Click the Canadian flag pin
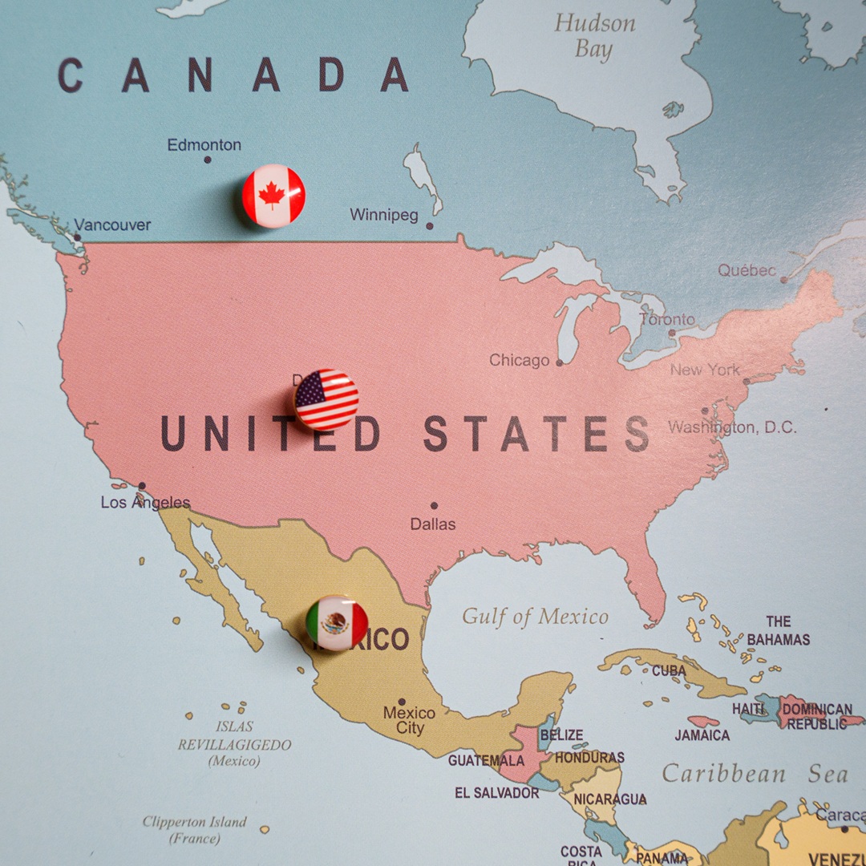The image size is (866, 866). pos(274,196)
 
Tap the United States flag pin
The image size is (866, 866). pos(326,399)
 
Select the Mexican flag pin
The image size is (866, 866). pos(337,622)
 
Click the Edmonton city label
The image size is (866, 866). pos(204,145)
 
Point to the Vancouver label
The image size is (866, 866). pos(112,225)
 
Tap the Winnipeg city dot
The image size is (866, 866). pos(429,226)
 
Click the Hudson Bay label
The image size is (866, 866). pos(593,35)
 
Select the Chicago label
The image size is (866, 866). pos(520,361)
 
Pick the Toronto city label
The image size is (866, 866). pos(667,319)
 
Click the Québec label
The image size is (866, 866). pos(747,270)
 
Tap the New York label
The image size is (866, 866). pos(705,370)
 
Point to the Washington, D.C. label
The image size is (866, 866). pos(732,427)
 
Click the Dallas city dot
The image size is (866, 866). pos(434,506)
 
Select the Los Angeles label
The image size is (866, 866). pos(145,503)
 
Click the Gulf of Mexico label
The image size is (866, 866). pos(535,617)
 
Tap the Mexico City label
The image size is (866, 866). pos(409,720)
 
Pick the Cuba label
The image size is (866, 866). pos(668,670)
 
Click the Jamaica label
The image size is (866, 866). pos(702,735)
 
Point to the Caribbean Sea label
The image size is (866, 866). pos(755,774)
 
